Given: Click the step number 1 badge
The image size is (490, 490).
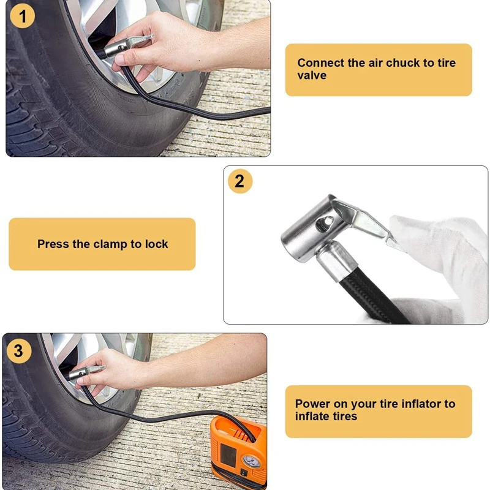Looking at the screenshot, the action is (x=22, y=16).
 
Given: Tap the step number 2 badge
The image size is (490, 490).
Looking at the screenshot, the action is (x=240, y=181).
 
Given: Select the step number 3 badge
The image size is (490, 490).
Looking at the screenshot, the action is (x=19, y=351).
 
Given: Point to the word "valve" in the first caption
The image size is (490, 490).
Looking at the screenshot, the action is (x=312, y=75).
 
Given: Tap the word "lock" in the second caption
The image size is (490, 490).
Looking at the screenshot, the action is (x=157, y=244).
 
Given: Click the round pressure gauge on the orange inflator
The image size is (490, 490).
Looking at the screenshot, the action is (x=252, y=461).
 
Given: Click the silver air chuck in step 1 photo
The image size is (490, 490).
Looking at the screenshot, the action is (x=127, y=47).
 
